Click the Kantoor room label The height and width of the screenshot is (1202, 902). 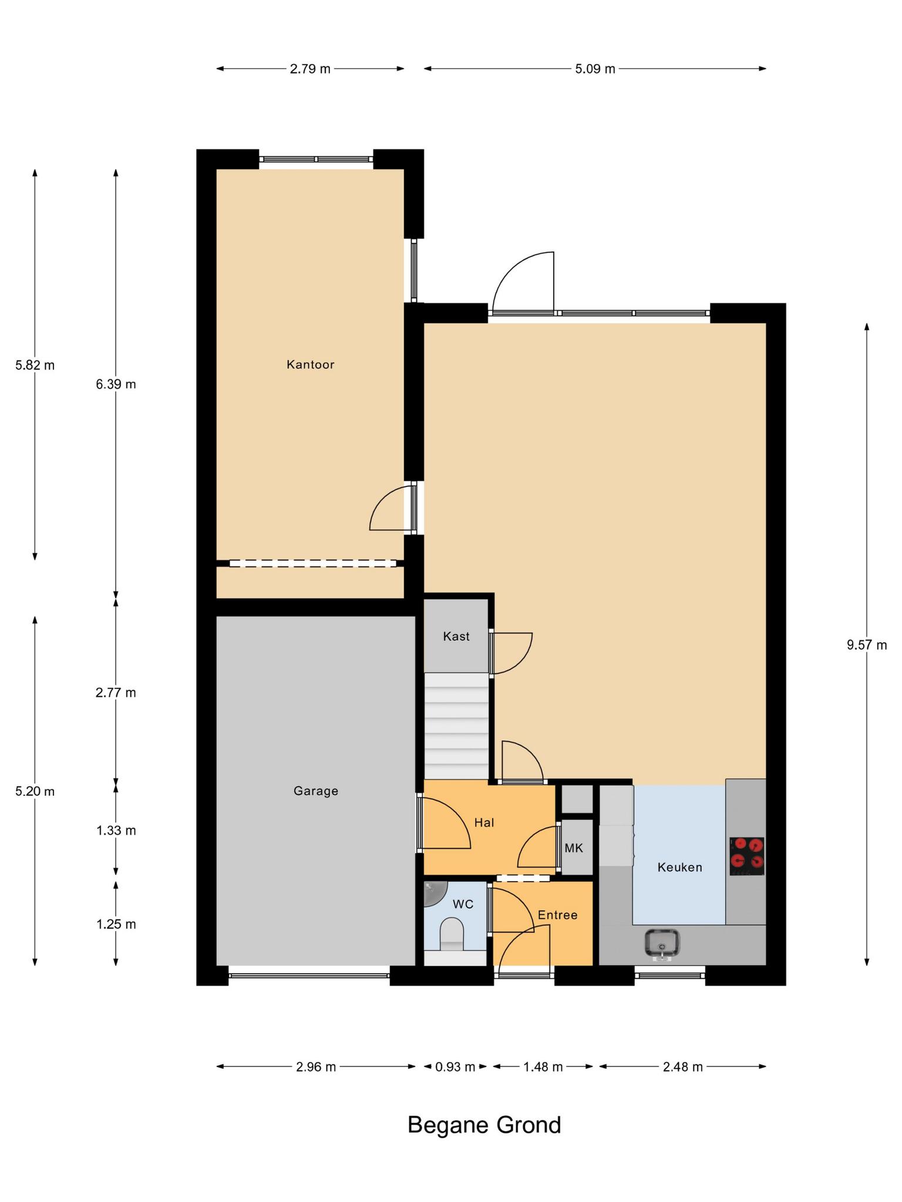point(310,364)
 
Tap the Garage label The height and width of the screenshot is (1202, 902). point(316,791)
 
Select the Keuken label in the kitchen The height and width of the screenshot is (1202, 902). point(679,867)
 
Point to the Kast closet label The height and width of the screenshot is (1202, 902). point(456,636)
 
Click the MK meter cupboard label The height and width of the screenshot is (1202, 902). point(574,848)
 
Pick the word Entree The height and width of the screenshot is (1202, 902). point(557,915)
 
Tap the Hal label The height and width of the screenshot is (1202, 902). point(484,823)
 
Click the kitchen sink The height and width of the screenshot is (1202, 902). point(662,943)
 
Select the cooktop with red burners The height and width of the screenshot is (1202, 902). point(747,856)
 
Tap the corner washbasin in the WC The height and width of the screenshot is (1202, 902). point(435,893)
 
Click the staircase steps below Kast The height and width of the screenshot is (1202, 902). point(456,726)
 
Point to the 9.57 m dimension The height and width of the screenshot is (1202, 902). point(867,645)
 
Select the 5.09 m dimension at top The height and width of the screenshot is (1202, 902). point(595,69)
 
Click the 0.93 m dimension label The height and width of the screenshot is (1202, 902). point(455,1066)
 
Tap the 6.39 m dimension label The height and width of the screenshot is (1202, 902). point(116,384)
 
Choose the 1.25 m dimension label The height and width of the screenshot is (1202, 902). point(116,924)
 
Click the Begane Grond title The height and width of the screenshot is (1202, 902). point(484,1125)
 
